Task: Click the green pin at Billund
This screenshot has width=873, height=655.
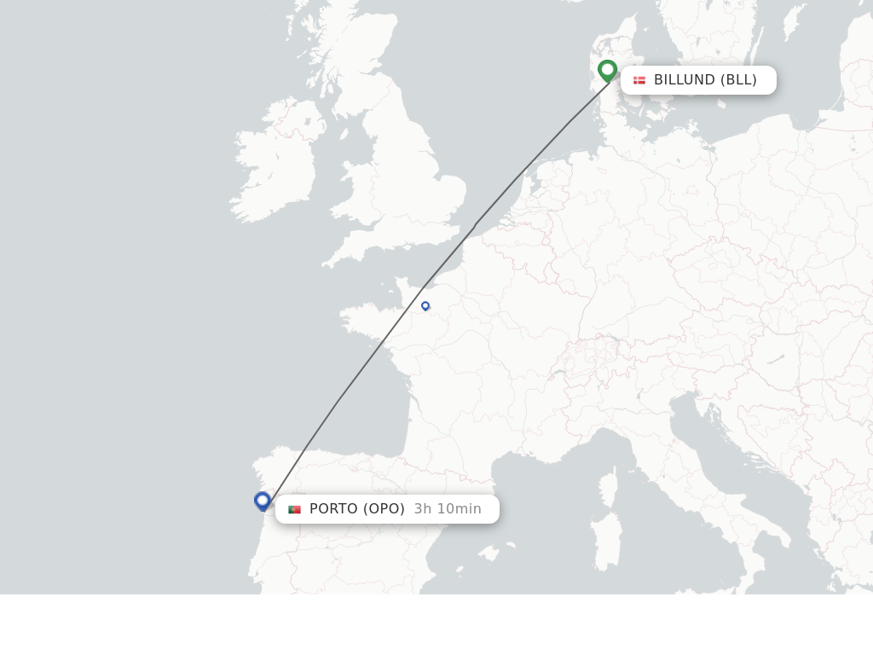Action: [x=607, y=70]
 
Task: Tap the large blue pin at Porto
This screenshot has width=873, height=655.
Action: [x=263, y=501]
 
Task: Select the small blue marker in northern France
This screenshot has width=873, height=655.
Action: [x=425, y=305]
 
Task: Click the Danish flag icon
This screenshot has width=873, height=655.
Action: [x=639, y=80]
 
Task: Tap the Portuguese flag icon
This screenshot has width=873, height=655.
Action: [x=294, y=509]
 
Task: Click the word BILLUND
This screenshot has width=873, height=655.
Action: [x=684, y=80]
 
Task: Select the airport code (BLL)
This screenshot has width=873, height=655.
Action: [x=738, y=80]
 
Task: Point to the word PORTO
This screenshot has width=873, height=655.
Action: [x=333, y=509]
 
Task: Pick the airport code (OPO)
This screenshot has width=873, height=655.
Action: [x=384, y=509]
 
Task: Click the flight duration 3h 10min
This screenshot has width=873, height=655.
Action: [x=448, y=509]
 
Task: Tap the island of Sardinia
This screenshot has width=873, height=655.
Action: [x=606, y=541]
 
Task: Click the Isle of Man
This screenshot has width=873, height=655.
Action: [x=344, y=134]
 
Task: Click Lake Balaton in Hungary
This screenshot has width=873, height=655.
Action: [x=775, y=360]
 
